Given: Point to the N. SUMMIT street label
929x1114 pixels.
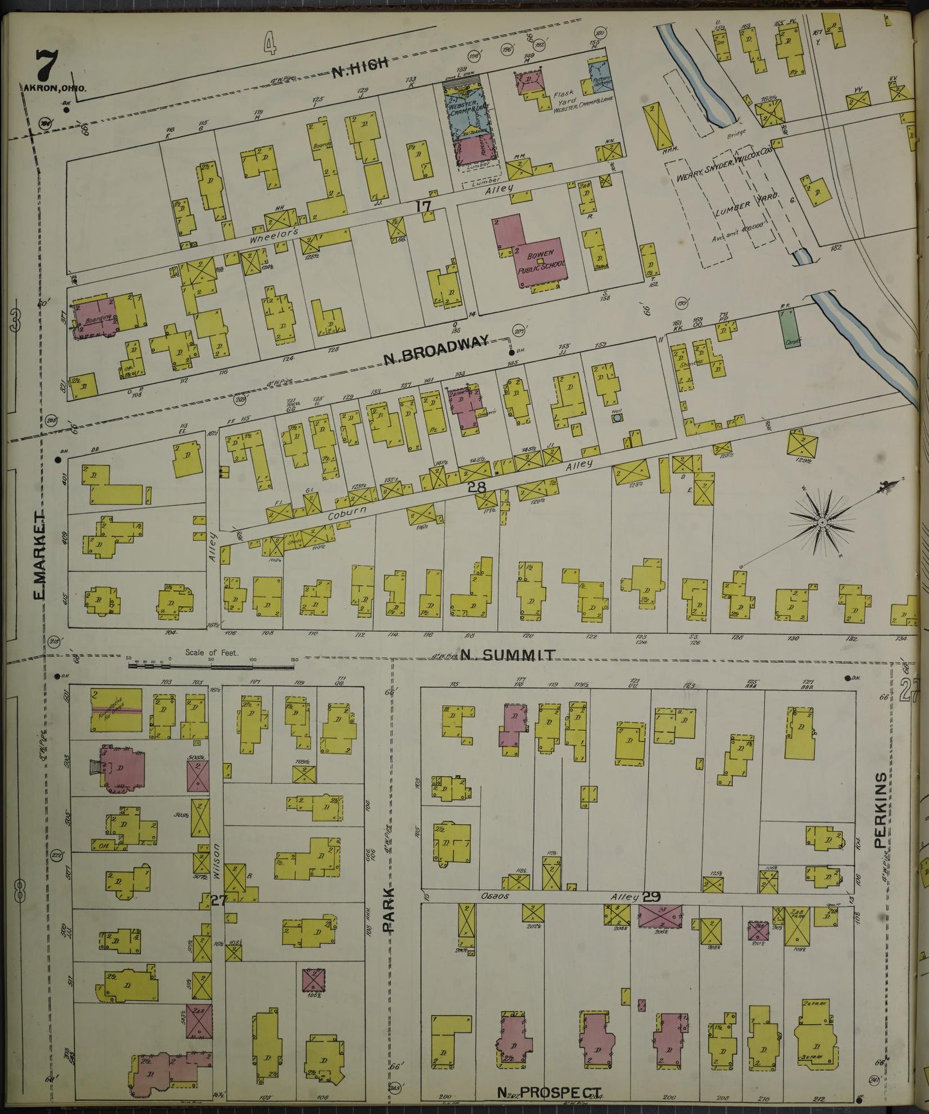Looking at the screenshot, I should (508, 655).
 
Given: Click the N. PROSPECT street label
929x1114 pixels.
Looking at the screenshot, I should (550, 1092).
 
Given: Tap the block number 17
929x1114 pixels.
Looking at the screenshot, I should (422, 206).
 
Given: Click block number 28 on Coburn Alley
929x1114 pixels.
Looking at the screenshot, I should (476, 487).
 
